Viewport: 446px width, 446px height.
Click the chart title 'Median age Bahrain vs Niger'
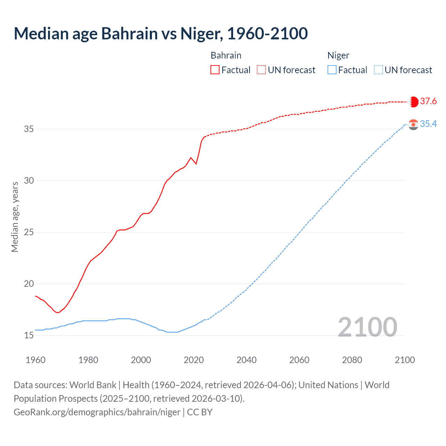(161, 33)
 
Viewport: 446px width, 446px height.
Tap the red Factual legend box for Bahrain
(215, 70)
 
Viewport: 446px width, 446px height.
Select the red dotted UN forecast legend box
(261, 70)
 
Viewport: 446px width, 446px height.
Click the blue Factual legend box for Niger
(332, 70)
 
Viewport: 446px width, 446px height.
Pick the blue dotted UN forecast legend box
(378, 70)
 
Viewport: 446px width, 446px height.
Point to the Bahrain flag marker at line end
(413, 102)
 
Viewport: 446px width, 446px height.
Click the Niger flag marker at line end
(413, 124)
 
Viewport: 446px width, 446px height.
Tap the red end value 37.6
(428, 101)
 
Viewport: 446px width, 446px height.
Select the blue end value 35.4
(428, 124)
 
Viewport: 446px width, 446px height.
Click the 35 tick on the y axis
(29, 129)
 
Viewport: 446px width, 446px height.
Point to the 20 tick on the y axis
(29, 284)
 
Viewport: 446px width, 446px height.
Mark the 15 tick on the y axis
(29, 336)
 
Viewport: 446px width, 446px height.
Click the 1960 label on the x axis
(36, 360)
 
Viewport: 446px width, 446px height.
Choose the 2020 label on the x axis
(194, 360)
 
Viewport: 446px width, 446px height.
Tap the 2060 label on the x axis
(299, 360)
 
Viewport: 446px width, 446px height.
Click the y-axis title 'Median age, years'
(15, 217)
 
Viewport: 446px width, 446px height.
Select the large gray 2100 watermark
(367, 327)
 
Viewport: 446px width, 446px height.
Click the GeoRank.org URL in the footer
(97, 412)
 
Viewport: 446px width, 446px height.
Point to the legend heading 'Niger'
(338, 55)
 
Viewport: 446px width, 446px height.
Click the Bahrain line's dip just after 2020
(196, 164)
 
